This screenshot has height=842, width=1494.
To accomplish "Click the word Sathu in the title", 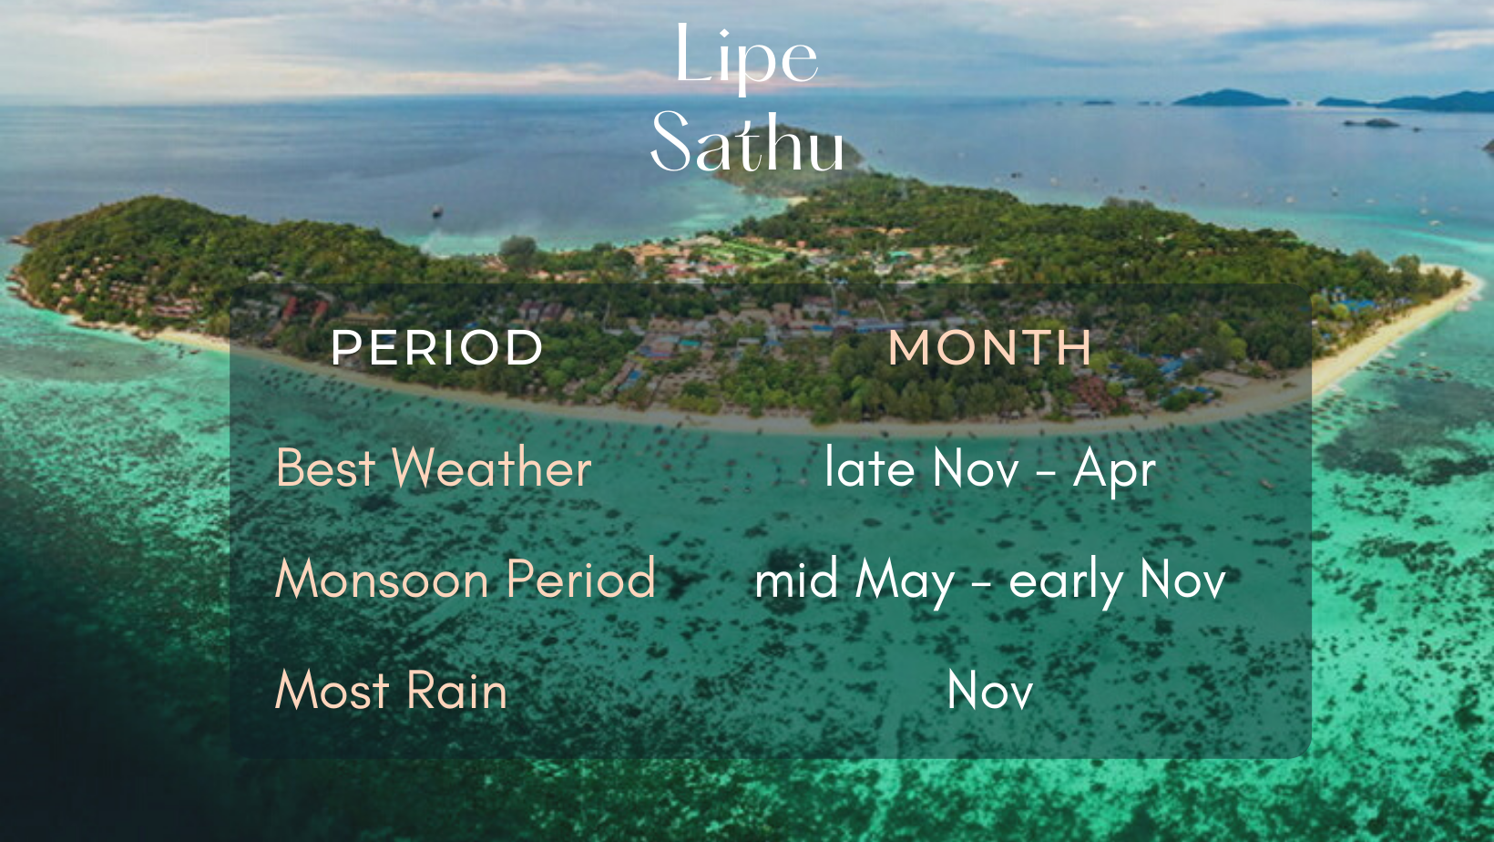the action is click(x=748, y=141).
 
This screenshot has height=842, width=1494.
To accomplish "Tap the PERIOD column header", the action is click(x=437, y=347).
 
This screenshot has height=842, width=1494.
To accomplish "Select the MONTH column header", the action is click(x=989, y=347).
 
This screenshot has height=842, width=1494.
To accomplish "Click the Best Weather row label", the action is click(x=434, y=467).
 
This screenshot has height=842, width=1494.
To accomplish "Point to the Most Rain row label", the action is click(x=391, y=690).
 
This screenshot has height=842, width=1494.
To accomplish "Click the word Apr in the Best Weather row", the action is click(x=1114, y=470).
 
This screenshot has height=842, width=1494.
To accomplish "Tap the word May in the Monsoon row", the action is click(x=906, y=581).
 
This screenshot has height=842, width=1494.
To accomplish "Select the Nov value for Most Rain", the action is click(x=989, y=690).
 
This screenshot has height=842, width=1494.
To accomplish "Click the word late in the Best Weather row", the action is click(x=870, y=467).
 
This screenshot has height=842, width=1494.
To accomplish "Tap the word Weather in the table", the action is click(x=491, y=467).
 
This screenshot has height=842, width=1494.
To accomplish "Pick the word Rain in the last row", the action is click(x=457, y=690).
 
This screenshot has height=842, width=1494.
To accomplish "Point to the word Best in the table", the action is click(x=325, y=467).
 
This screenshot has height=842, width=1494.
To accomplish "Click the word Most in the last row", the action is click(x=333, y=690).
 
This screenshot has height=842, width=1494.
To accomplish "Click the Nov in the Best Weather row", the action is click(x=976, y=467).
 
